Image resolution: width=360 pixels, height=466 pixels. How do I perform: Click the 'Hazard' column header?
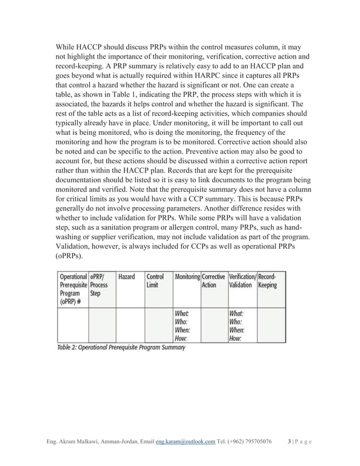tap(126, 277)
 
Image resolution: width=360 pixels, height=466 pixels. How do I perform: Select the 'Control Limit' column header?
tap(155, 281)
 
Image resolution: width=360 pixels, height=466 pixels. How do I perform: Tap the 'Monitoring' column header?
tap(187, 277)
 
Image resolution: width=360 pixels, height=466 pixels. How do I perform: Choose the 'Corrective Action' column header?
tap(213, 281)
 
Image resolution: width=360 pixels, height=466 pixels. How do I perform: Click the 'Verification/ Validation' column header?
tap(242, 281)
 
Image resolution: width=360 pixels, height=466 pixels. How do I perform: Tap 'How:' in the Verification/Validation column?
tap(235, 338)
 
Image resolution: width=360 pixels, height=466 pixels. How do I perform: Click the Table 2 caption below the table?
tap(121, 348)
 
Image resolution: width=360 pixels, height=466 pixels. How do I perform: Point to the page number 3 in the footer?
tap(289, 441)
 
